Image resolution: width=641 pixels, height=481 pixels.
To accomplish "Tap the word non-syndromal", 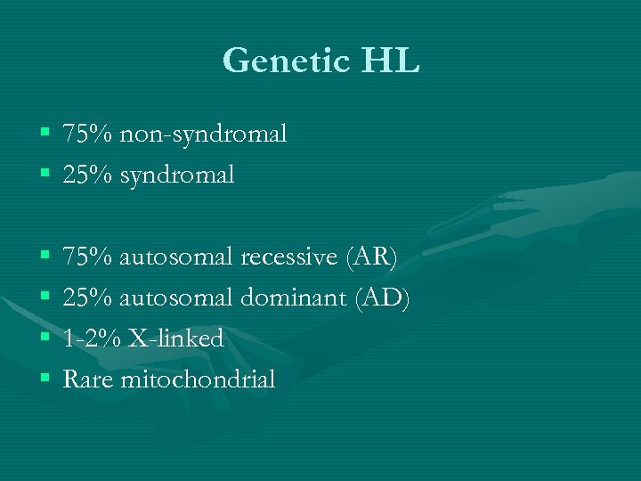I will [203, 135].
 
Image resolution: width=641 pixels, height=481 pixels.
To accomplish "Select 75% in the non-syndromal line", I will [87, 135].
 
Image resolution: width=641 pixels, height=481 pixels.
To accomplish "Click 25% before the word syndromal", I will [87, 175].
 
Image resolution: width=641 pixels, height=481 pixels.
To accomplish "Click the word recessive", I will [288, 257].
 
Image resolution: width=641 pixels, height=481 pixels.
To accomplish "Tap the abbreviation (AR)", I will [370, 257].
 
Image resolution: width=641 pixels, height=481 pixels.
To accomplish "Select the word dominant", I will [294, 298].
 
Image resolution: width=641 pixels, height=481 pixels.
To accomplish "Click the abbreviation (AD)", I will [383, 298].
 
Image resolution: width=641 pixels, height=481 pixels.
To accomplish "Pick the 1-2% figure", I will [93, 339].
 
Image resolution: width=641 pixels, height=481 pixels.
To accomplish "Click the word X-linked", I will [175, 339].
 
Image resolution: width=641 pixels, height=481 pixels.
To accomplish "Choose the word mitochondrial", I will [198, 380].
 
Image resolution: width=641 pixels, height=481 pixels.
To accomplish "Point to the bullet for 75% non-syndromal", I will [45, 135].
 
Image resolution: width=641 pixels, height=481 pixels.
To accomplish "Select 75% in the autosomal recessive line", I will [87, 257].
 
